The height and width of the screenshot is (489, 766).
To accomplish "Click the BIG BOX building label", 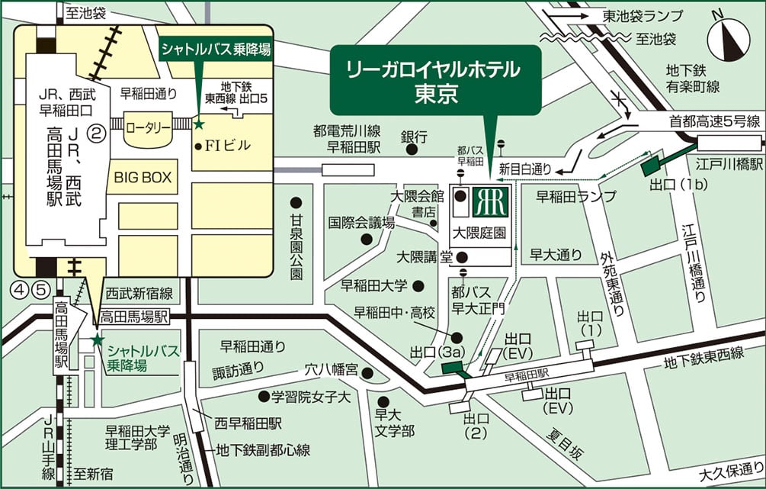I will (143, 178).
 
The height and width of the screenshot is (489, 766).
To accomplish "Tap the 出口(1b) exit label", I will (668, 184).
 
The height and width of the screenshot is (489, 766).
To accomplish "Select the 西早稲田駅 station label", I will (248, 422).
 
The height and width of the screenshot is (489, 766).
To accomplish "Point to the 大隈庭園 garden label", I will (479, 232).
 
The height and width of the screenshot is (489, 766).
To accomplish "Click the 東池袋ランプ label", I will (643, 15).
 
